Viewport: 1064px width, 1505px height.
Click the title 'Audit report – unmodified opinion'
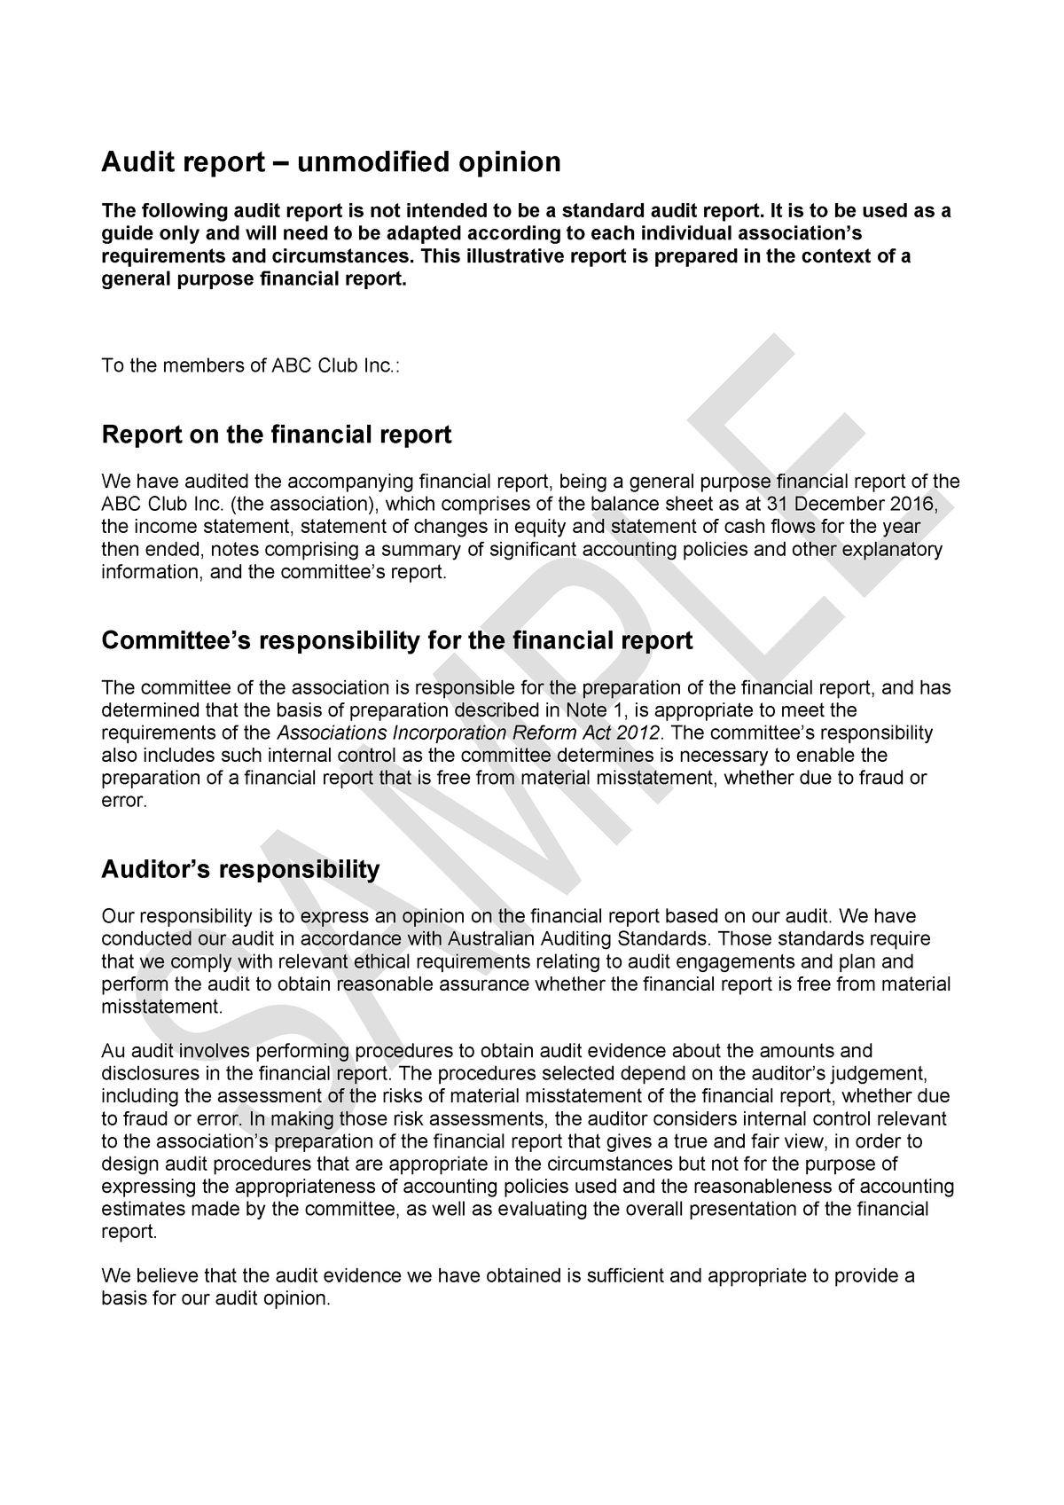[x=332, y=162]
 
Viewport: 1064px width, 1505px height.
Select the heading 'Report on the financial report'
[x=277, y=435]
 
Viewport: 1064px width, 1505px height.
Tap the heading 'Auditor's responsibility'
[x=240, y=868]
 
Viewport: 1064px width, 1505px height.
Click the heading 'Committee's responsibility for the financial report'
[x=396, y=640]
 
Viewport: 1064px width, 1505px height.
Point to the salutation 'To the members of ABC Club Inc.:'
[x=251, y=365]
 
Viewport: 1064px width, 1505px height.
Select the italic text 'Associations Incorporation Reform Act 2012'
[x=469, y=733]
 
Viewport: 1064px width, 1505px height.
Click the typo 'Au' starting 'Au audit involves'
[x=113, y=1052]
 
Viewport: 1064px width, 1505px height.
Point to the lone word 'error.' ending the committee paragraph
[x=123, y=801]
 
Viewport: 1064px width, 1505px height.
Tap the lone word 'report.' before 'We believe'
[x=129, y=1232]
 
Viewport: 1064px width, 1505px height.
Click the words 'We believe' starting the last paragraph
[x=141, y=1276]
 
